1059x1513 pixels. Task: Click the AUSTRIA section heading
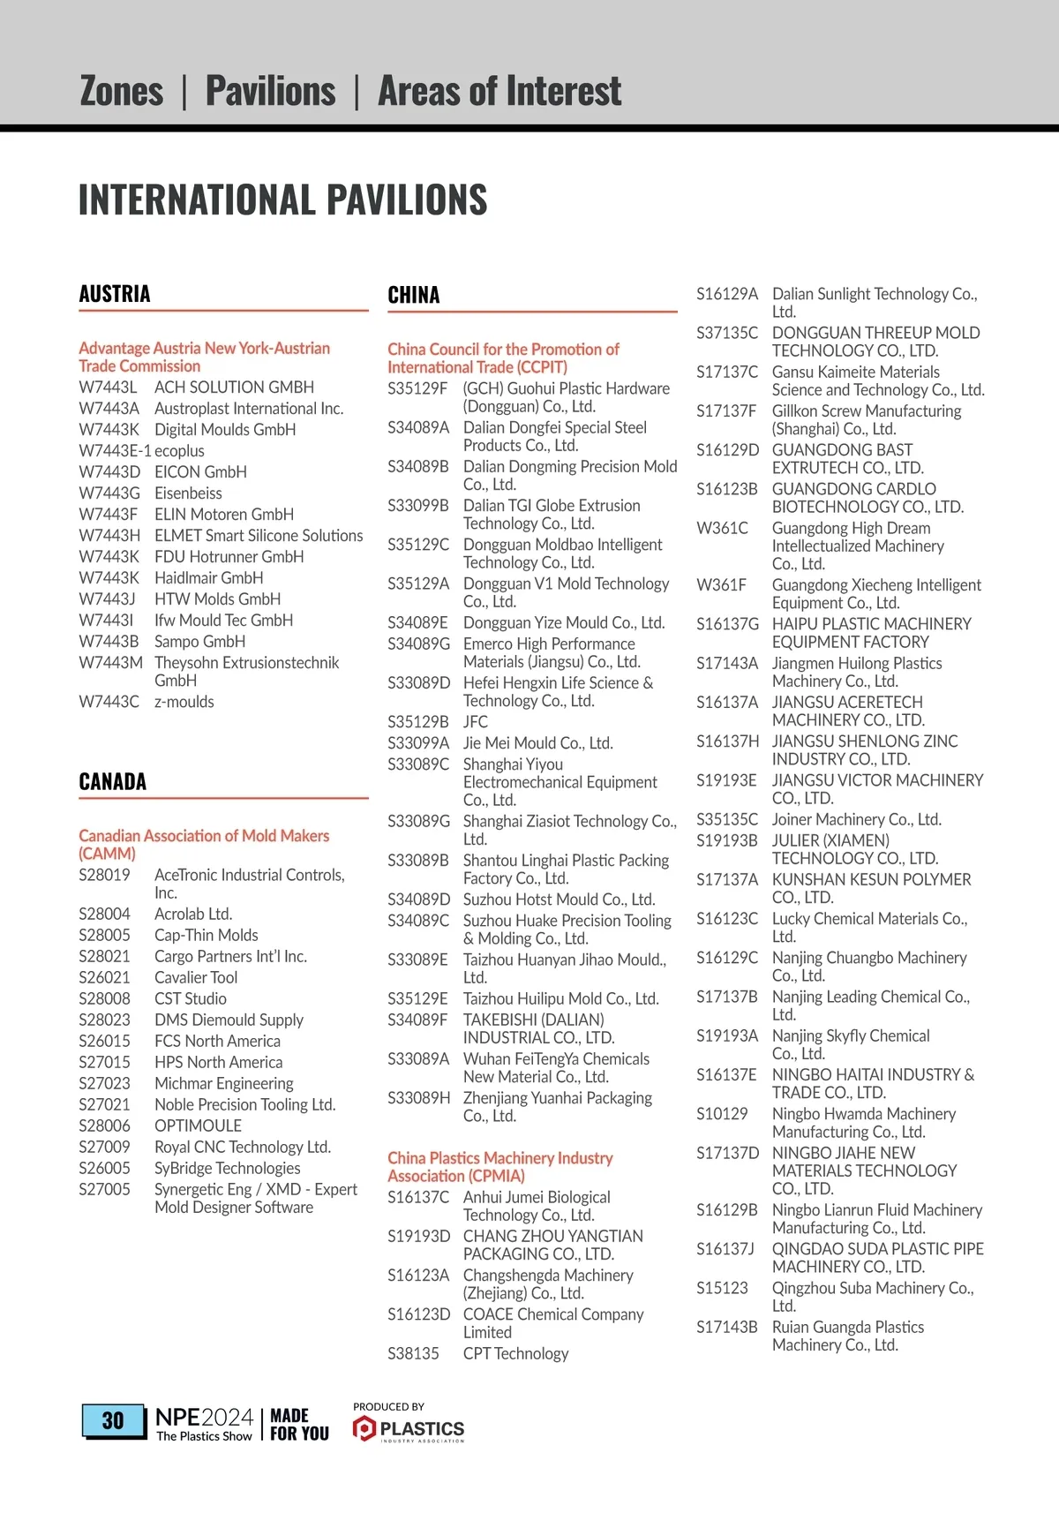point(115,294)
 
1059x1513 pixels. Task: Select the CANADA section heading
point(113,781)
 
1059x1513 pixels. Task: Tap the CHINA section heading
point(413,295)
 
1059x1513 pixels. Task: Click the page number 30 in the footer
point(113,1420)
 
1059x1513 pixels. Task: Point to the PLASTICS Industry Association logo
point(409,1427)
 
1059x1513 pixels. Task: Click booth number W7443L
point(108,388)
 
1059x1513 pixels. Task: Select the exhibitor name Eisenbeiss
point(188,493)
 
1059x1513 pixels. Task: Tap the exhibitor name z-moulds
point(184,702)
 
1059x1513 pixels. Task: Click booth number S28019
point(104,875)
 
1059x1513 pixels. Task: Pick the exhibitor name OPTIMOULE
point(198,1125)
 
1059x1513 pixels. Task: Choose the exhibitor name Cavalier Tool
point(196,977)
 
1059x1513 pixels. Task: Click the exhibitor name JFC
point(475,722)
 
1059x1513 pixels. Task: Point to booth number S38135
point(413,1353)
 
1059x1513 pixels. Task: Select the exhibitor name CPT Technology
point(515,1353)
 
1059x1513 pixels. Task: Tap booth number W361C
point(722,528)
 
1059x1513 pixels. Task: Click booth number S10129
point(722,1114)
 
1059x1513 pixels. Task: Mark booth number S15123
point(722,1288)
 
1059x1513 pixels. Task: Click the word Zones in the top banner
point(122,91)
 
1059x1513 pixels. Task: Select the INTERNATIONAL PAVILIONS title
point(282,199)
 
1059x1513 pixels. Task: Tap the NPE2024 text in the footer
point(204,1416)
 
